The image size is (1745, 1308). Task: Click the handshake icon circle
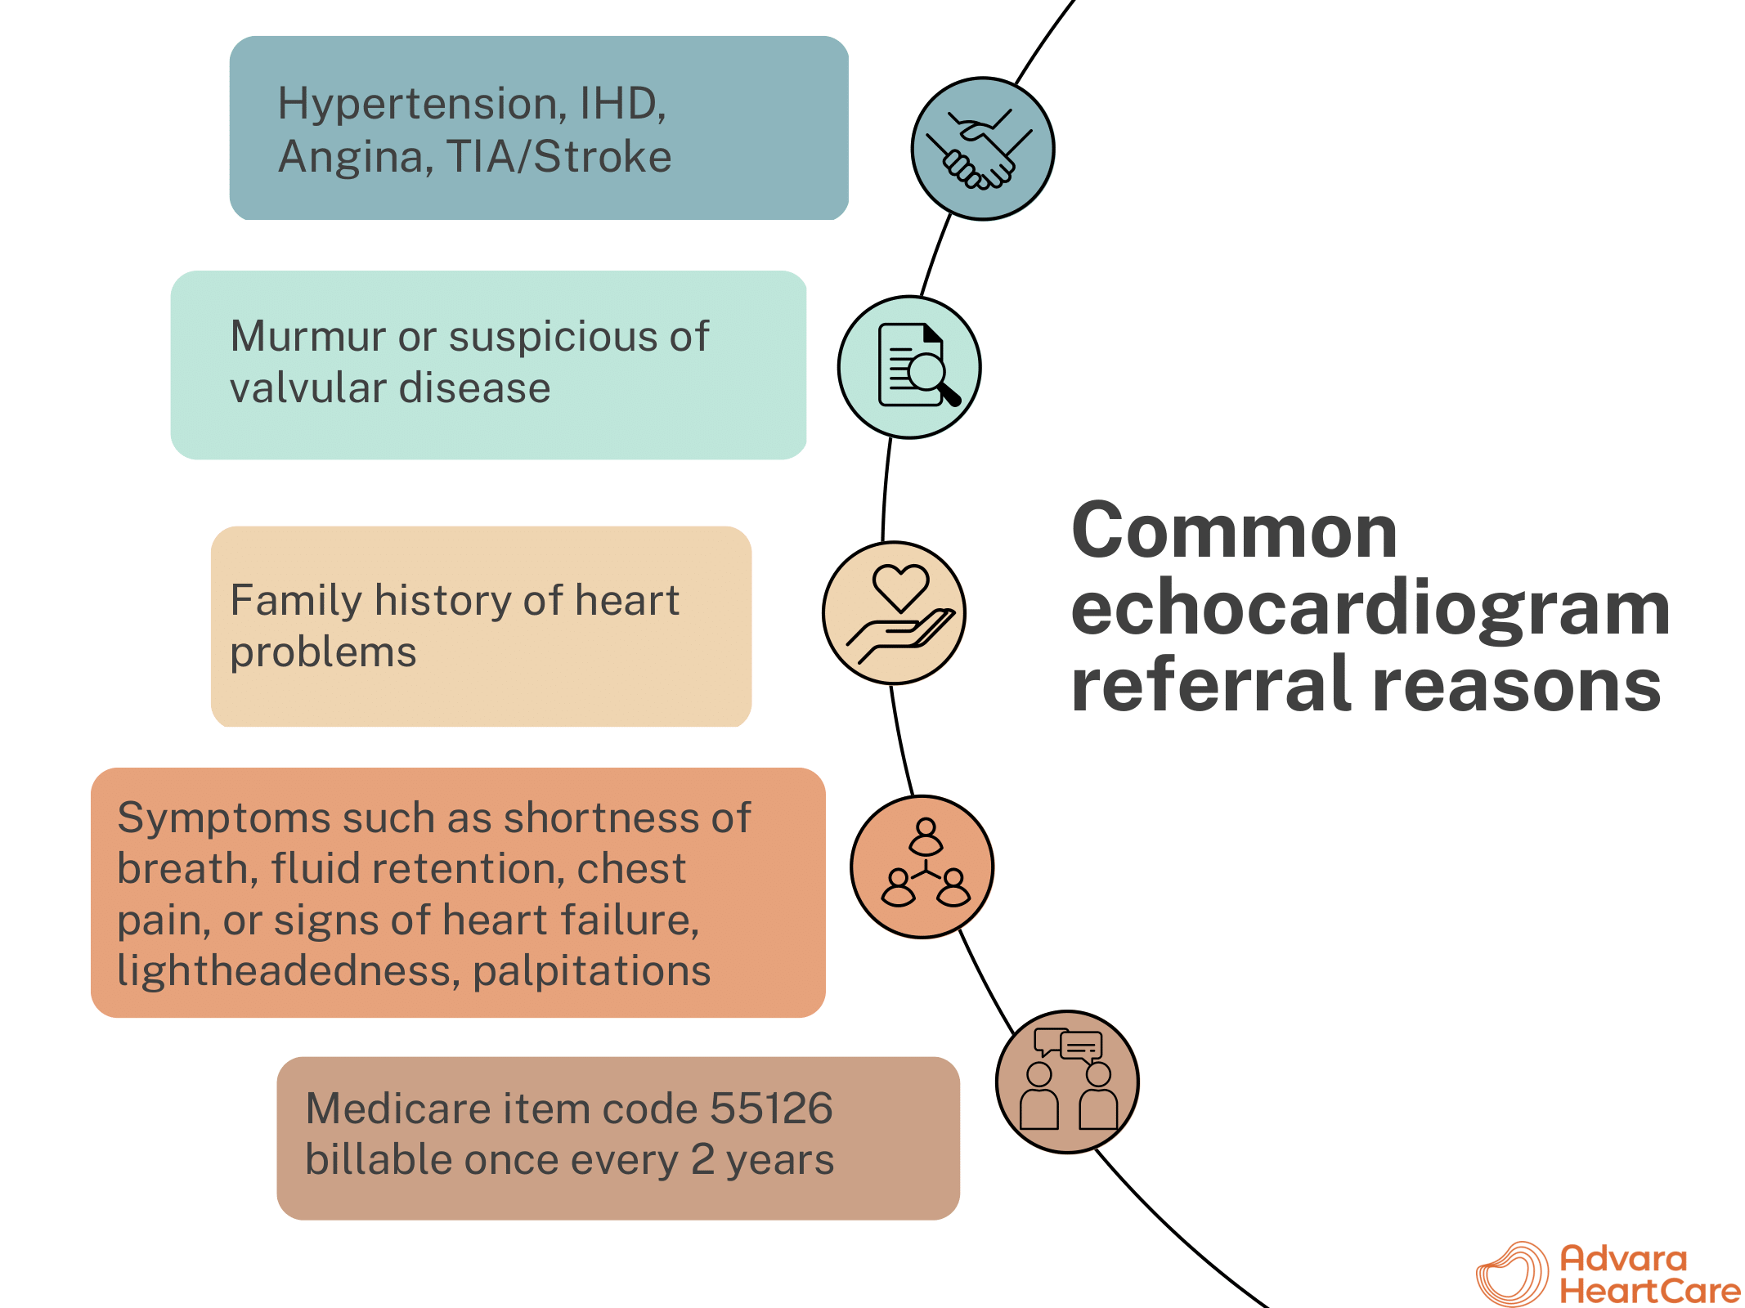(982, 149)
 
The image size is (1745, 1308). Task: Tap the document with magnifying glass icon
(909, 367)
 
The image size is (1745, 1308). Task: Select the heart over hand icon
(894, 612)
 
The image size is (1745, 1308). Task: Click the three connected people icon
(922, 866)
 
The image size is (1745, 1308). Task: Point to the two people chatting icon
(1067, 1082)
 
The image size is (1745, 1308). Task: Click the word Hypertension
(417, 105)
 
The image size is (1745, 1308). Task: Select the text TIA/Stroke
(558, 157)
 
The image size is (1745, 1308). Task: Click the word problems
(323, 652)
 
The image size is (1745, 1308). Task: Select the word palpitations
(591, 971)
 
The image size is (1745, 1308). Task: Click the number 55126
(771, 1109)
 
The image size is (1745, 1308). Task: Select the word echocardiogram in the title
(1370, 608)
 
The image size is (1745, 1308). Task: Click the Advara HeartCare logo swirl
(1512, 1274)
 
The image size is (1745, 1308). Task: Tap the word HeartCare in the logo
(1650, 1291)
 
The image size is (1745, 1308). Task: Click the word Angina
(356, 157)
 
